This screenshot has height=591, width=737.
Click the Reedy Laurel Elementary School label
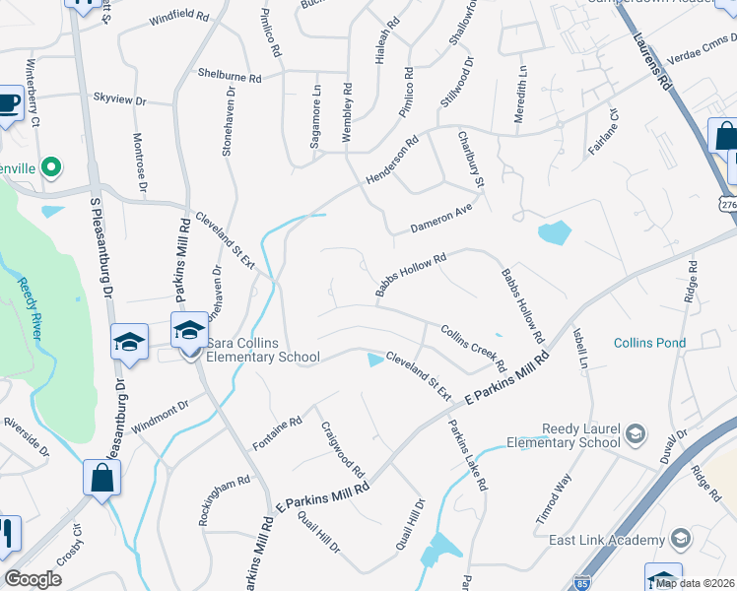pyautogui.click(x=580, y=436)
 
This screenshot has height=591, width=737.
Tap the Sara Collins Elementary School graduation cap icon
pyautogui.click(x=189, y=331)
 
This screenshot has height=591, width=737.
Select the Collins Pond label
pyautogui.click(x=649, y=343)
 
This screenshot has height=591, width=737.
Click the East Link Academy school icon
pyautogui.click(x=680, y=538)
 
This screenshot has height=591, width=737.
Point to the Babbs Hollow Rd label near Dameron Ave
pyautogui.click(x=411, y=273)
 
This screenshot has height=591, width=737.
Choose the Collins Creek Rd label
pyautogui.click(x=474, y=349)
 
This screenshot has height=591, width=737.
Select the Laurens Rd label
pyautogui.click(x=652, y=59)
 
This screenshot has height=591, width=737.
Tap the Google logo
pyautogui.click(x=33, y=578)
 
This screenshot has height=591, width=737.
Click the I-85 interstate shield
pyautogui.click(x=583, y=582)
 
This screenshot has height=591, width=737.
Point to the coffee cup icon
pyautogui.click(x=8, y=103)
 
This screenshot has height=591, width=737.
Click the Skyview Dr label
pyautogui.click(x=118, y=98)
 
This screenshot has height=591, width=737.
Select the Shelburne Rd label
pyautogui.click(x=229, y=76)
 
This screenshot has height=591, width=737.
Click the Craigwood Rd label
pyautogui.click(x=343, y=450)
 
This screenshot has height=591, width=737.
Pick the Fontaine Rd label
pyautogui.click(x=278, y=431)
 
